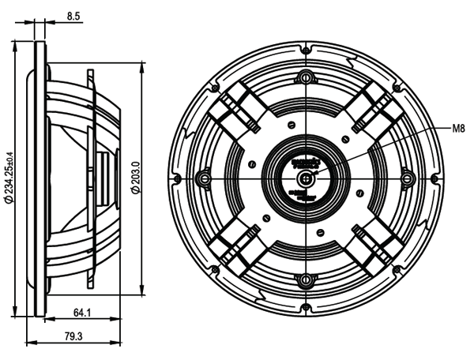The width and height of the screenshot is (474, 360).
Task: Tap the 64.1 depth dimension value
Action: [x=82, y=313]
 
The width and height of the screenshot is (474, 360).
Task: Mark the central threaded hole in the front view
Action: [x=305, y=178]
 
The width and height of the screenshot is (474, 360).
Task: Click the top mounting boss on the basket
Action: [x=305, y=77]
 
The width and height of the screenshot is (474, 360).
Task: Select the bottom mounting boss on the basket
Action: [x=305, y=279]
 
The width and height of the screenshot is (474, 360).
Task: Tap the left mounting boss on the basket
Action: [x=204, y=178]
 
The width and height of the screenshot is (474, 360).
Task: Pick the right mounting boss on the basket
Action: [x=406, y=178]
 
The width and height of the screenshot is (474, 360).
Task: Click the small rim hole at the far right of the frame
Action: [x=434, y=178]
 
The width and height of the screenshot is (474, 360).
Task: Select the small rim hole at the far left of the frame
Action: [x=175, y=178]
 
